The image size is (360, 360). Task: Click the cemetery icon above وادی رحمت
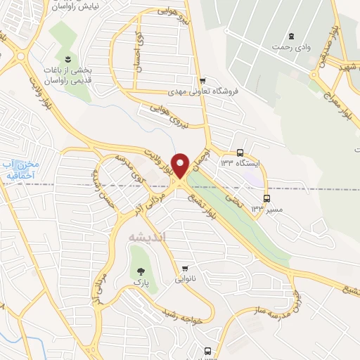tap(290, 35)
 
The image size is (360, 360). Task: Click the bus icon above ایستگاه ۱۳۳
tap(240, 152)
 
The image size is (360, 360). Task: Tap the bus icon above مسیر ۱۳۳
tap(266, 198)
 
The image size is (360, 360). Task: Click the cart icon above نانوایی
tap(185, 268)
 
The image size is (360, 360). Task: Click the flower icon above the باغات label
tap(67, 58)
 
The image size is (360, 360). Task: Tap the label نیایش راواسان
tap(77, 5)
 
